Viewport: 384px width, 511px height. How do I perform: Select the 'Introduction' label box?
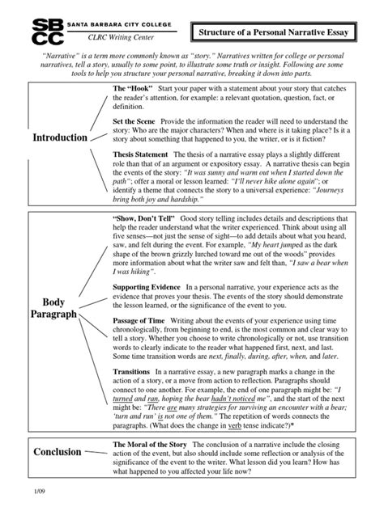[59, 137]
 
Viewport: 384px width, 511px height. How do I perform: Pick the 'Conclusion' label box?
[57, 452]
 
